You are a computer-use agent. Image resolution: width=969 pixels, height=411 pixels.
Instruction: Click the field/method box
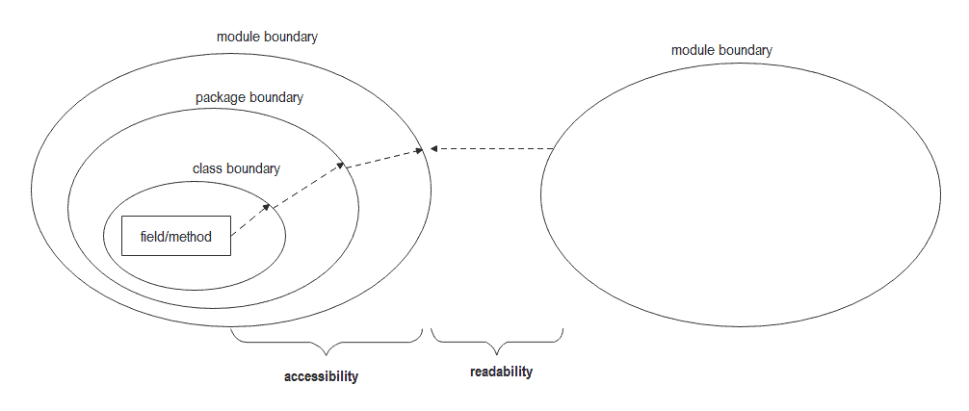[x=176, y=236]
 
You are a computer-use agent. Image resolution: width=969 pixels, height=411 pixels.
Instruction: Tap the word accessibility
[x=321, y=376]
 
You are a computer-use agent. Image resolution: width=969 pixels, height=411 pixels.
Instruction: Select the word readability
[x=501, y=372]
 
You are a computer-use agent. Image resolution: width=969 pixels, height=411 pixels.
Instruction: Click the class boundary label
[x=236, y=168]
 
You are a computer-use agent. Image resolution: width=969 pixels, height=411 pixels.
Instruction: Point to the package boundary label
[x=249, y=97]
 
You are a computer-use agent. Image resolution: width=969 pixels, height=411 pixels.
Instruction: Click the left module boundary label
[x=267, y=37]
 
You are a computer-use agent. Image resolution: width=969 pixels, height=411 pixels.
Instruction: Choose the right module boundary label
[x=720, y=50]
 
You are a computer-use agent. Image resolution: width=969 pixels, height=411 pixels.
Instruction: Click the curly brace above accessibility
[x=327, y=341]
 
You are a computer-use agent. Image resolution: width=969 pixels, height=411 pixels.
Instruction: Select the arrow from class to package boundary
[x=305, y=184]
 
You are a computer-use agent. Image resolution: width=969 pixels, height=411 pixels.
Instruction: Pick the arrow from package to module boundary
[x=383, y=158]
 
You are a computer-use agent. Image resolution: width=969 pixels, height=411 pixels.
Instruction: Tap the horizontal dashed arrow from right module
[x=492, y=148]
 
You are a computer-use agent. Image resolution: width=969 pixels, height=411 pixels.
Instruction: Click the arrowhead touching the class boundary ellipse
[x=266, y=205]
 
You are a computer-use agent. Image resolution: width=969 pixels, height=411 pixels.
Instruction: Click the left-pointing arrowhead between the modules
[x=434, y=148]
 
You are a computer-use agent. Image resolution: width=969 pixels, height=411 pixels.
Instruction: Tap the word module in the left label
[x=240, y=37]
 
